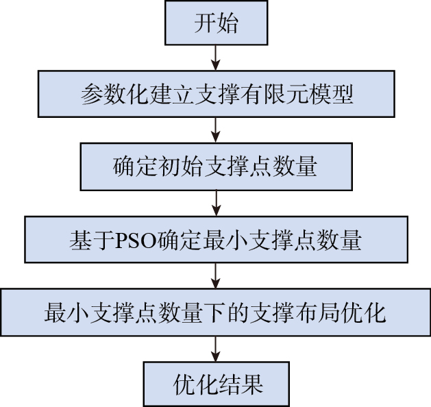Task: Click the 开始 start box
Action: pos(216,23)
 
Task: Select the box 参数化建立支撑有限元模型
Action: pos(217,94)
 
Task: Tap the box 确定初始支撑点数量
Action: pos(217,166)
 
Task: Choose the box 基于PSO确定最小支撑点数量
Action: pos(216,240)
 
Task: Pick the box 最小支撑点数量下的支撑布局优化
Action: pos(215,312)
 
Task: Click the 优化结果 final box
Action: pos(217,384)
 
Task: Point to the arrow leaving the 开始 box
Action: pos(216,58)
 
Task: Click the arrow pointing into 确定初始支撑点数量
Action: pos(216,130)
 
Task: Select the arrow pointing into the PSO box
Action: pos(217,203)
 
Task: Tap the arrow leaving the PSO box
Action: pos(216,276)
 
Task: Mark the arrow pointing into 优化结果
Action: pos(216,349)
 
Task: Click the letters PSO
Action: pos(136,241)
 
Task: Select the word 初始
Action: pos(181,166)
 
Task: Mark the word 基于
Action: pos(92,241)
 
